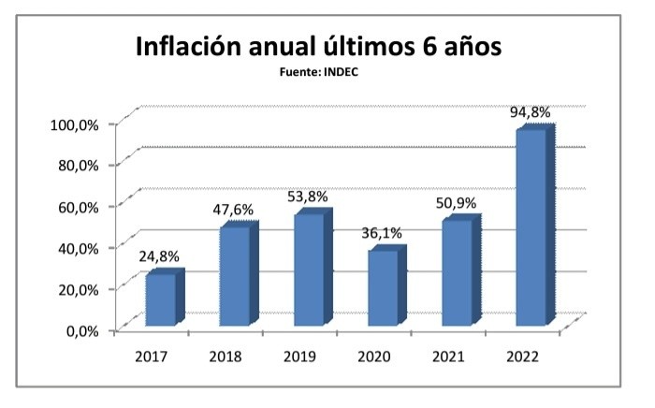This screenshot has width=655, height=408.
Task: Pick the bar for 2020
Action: (x=383, y=288)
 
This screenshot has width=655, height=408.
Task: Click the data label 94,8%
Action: (x=530, y=112)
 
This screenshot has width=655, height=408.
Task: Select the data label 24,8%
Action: (x=159, y=255)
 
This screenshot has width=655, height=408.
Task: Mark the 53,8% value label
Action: (x=309, y=197)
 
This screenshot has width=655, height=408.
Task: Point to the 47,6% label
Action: (x=233, y=211)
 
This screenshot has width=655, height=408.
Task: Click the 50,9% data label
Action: (x=456, y=203)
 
